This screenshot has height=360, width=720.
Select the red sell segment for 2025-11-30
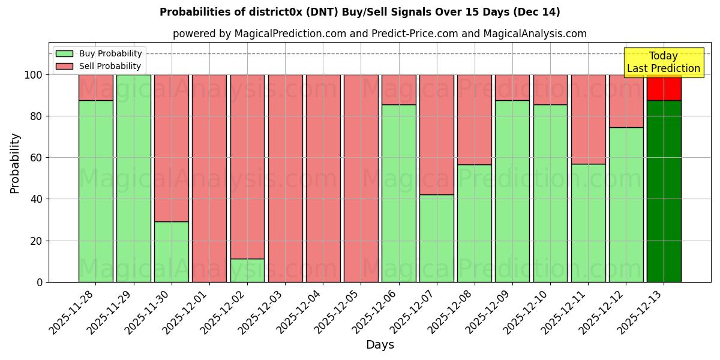(x=172, y=148)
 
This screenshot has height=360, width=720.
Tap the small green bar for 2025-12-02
(x=247, y=270)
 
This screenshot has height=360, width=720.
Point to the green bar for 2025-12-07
(x=437, y=238)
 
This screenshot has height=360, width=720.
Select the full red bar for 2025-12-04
(x=323, y=178)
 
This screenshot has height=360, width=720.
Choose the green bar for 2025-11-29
(x=133, y=178)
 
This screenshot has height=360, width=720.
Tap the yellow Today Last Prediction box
(x=664, y=62)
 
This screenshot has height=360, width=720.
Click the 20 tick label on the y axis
(x=37, y=241)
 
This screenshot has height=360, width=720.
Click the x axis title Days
(x=380, y=345)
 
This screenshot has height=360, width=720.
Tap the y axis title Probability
(x=15, y=163)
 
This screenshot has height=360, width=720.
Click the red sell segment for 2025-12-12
(x=626, y=101)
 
